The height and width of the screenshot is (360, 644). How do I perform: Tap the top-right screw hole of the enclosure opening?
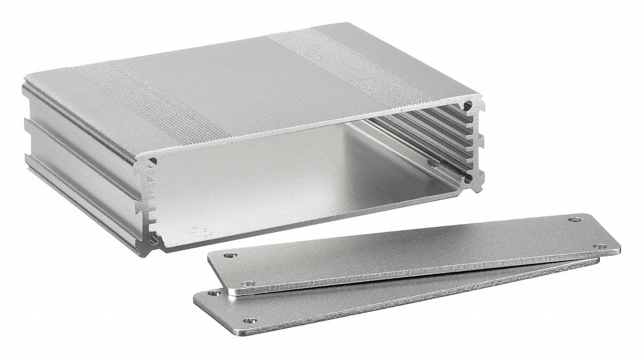pyautogui.click(x=468, y=106)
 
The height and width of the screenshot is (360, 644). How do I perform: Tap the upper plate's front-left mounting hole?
pyautogui.click(x=248, y=283)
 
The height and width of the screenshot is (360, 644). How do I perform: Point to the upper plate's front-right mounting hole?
pyautogui.click(x=599, y=246)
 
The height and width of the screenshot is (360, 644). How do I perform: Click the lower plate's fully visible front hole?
pyautogui.click(x=248, y=321)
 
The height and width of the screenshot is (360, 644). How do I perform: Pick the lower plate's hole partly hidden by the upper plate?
pyautogui.click(x=214, y=292)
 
